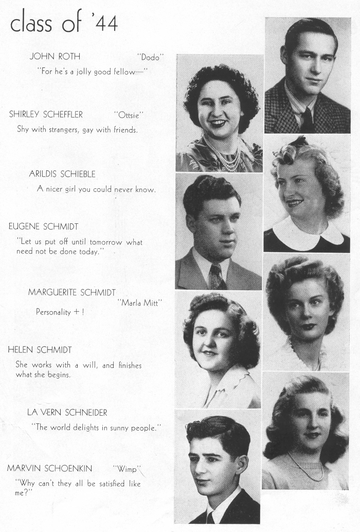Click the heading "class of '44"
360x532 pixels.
tap(64, 23)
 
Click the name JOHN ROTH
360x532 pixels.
tap(55, 57)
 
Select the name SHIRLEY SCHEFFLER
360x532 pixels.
tap(46, 114)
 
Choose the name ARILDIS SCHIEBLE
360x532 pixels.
tap(62, 174)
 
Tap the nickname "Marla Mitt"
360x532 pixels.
tap(140, 303)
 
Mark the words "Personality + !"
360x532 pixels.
tap(60, 312)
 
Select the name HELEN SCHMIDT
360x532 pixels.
tap(40, 350)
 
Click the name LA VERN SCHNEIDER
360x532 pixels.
tap(67, 413)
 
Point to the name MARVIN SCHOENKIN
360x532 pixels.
tap(49, 468)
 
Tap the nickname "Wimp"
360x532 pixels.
tap(127, 468)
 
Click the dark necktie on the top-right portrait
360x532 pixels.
tap(308, 120)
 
